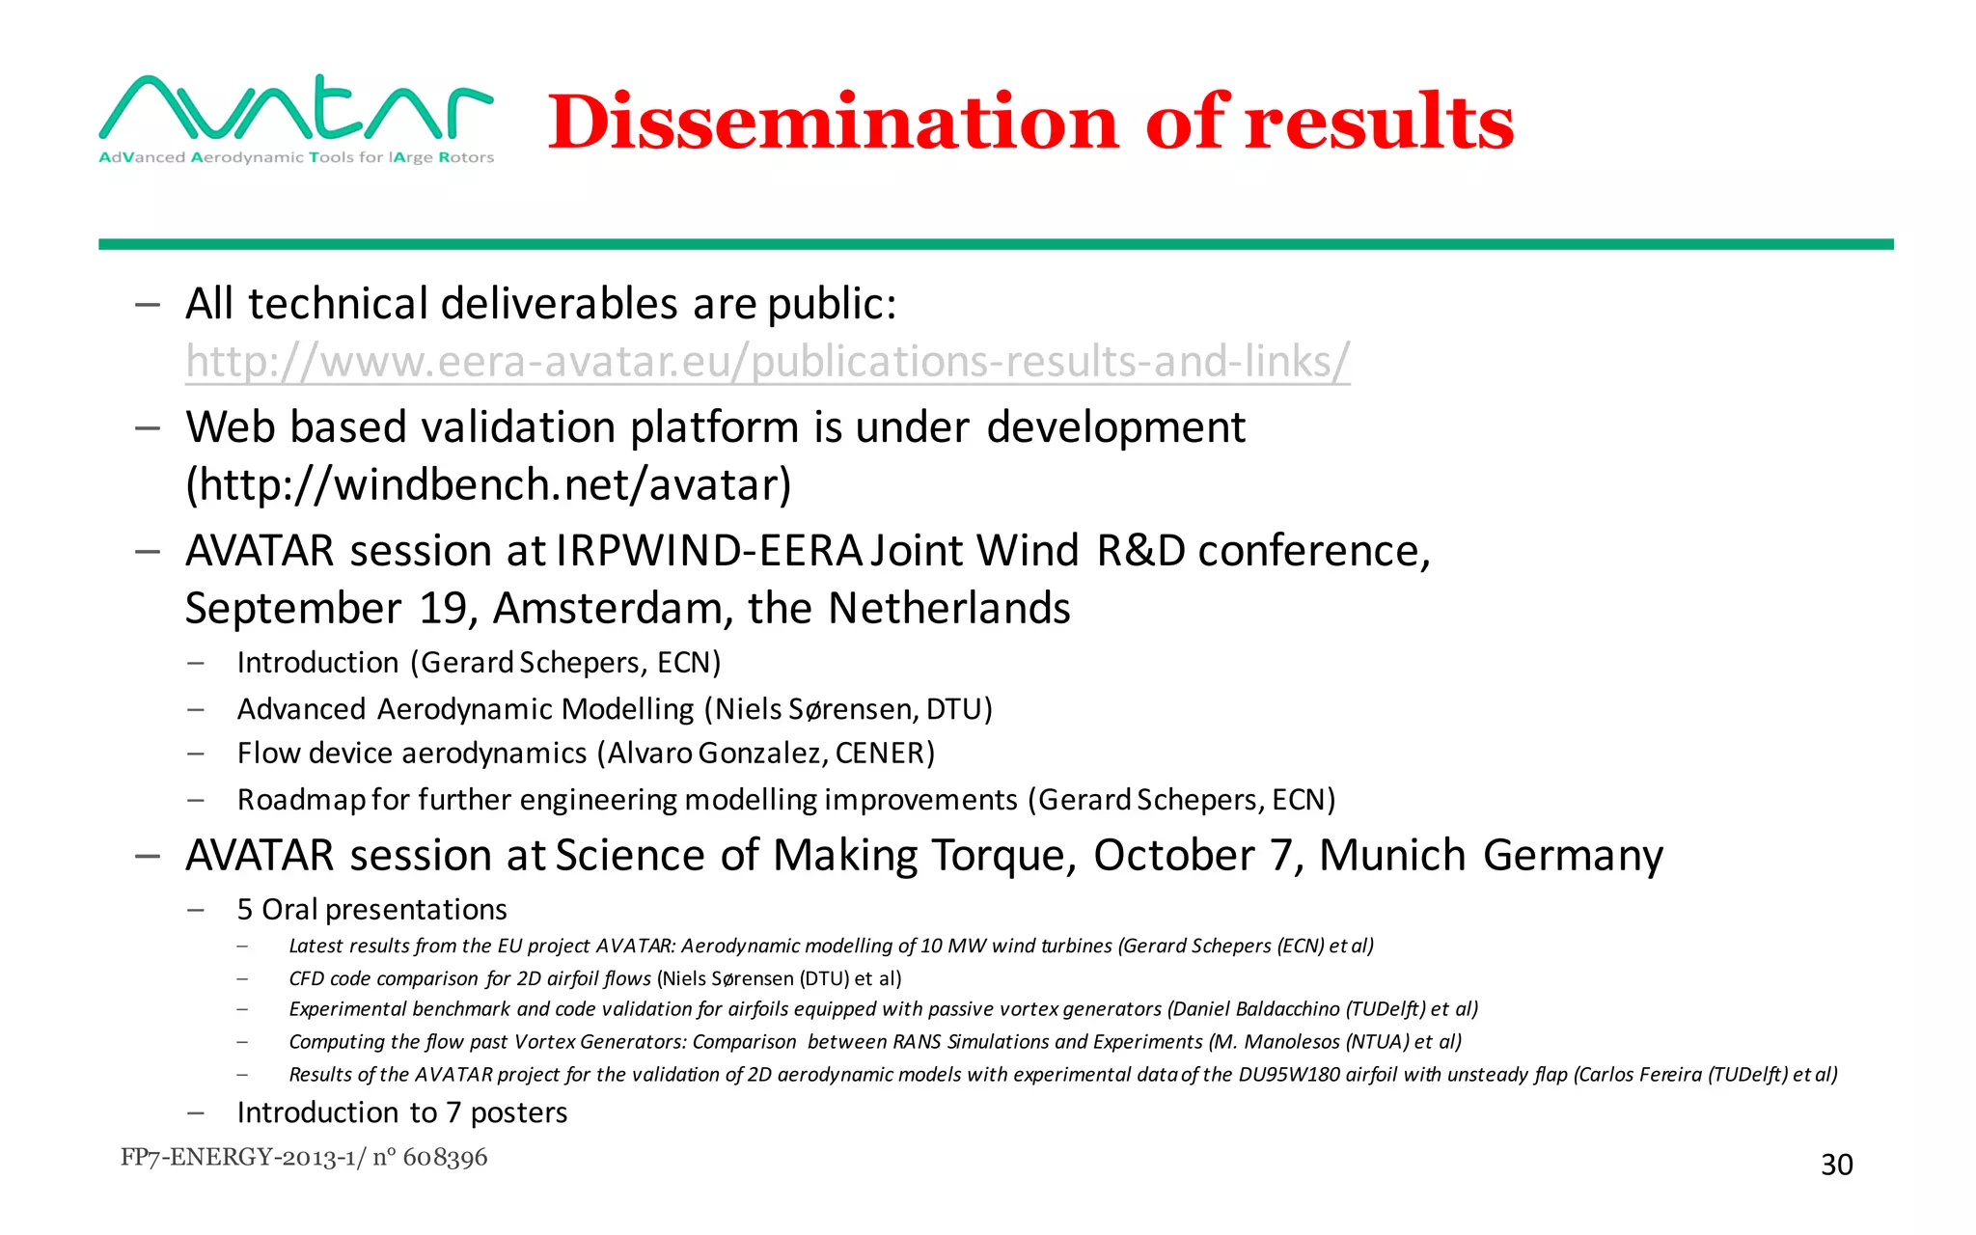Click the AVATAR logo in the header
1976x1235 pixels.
coord(296,118)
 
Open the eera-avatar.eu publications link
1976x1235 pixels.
coord(767,362)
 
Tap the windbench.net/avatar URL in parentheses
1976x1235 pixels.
coord(488,484)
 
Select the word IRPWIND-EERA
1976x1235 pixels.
coord(709,551)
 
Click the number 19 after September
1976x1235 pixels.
coord(443,609)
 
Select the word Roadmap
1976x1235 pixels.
coord(301,800)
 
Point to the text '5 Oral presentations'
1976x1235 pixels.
coord(371,910)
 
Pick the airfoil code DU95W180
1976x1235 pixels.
coord(1288,1075)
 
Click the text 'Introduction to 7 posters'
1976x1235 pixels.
coord(401,1112)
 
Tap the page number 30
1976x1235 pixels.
coord(1836,1165)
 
